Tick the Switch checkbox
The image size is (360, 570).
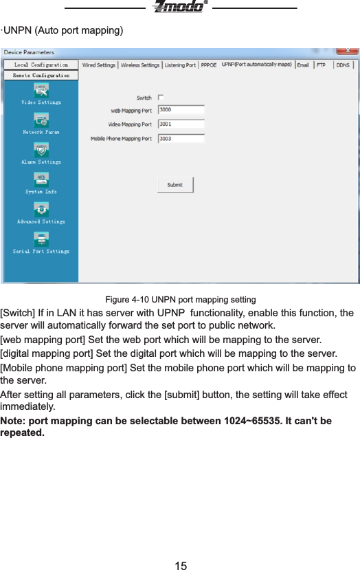coord(160,98)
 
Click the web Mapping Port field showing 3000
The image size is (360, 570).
coord(181,110)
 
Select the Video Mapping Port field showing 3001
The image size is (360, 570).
coord(181,124)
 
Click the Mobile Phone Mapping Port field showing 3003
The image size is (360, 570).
coord(181,139)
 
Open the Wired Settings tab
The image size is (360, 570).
coord(99,65)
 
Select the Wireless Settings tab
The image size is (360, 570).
coord(140,65)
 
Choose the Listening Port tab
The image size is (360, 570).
coord(180,65)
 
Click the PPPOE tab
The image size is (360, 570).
coord(208,65)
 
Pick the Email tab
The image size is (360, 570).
coord(303,65)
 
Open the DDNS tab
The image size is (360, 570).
coord(343,65)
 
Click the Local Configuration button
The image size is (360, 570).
coord(41,65)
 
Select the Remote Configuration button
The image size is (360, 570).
coord(41,75)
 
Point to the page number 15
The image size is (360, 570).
coord(180,565)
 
